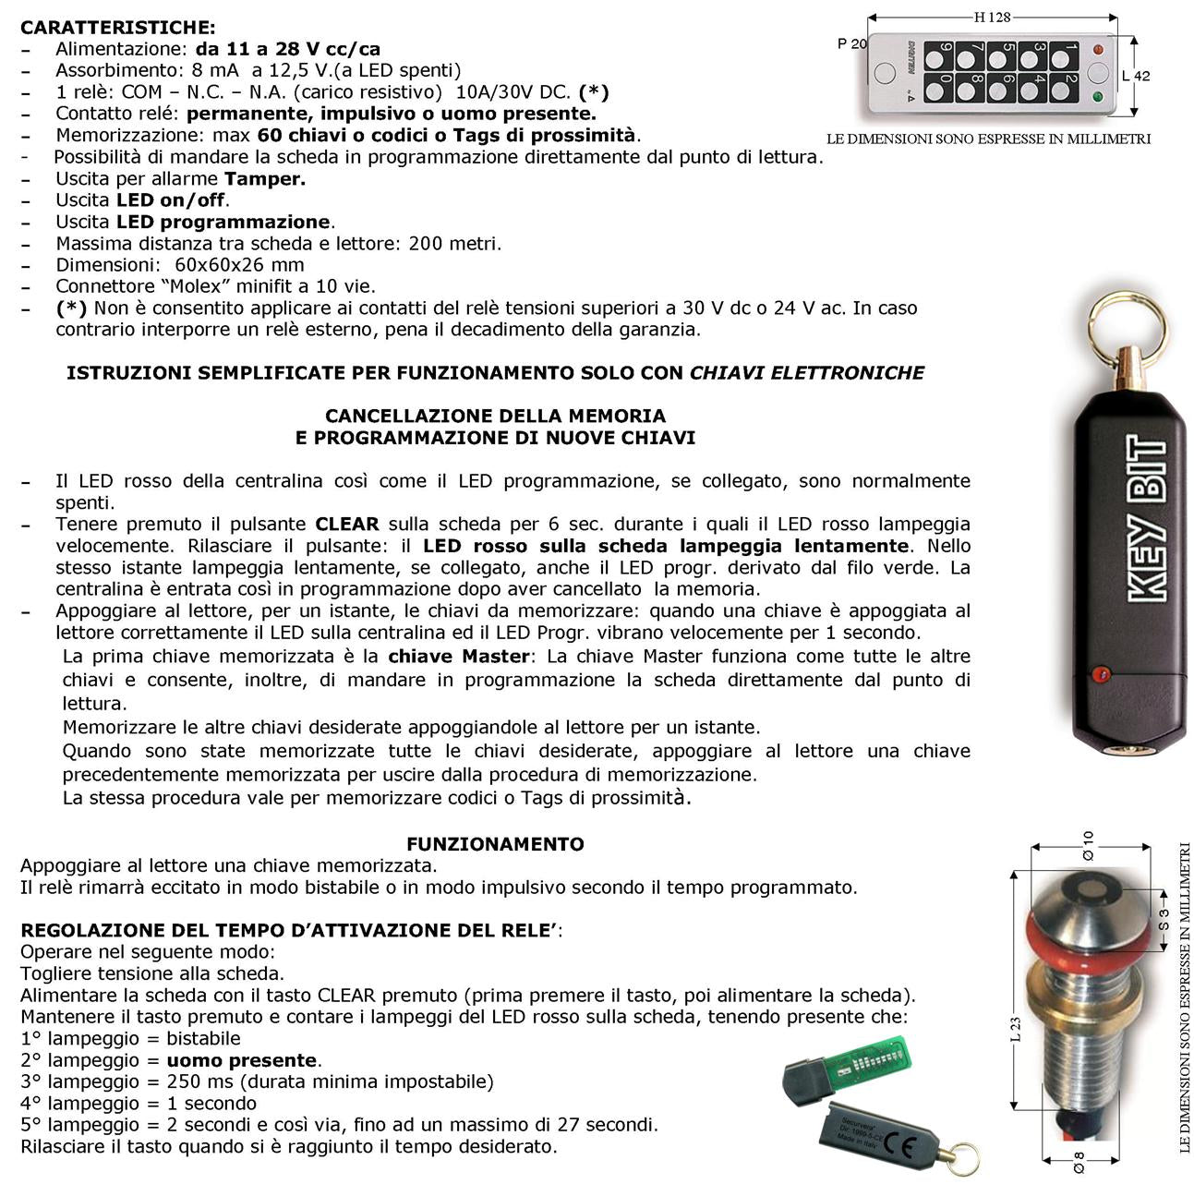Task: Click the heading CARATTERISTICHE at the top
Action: coord(118,27)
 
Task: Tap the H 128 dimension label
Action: coord(992,17)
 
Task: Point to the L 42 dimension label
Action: coord(1136,76)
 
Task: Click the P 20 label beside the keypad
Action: coord(851,43)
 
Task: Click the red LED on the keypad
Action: coord(1098,49)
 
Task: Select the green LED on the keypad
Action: coord(1098,96)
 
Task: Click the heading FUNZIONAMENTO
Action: coord(495,844)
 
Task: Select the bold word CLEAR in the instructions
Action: coord(347,525)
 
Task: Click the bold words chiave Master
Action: coord(458,657)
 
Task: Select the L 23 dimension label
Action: coord(1015,1029)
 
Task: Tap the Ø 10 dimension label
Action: coord(1089,845)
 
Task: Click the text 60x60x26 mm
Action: coord(239,265)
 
